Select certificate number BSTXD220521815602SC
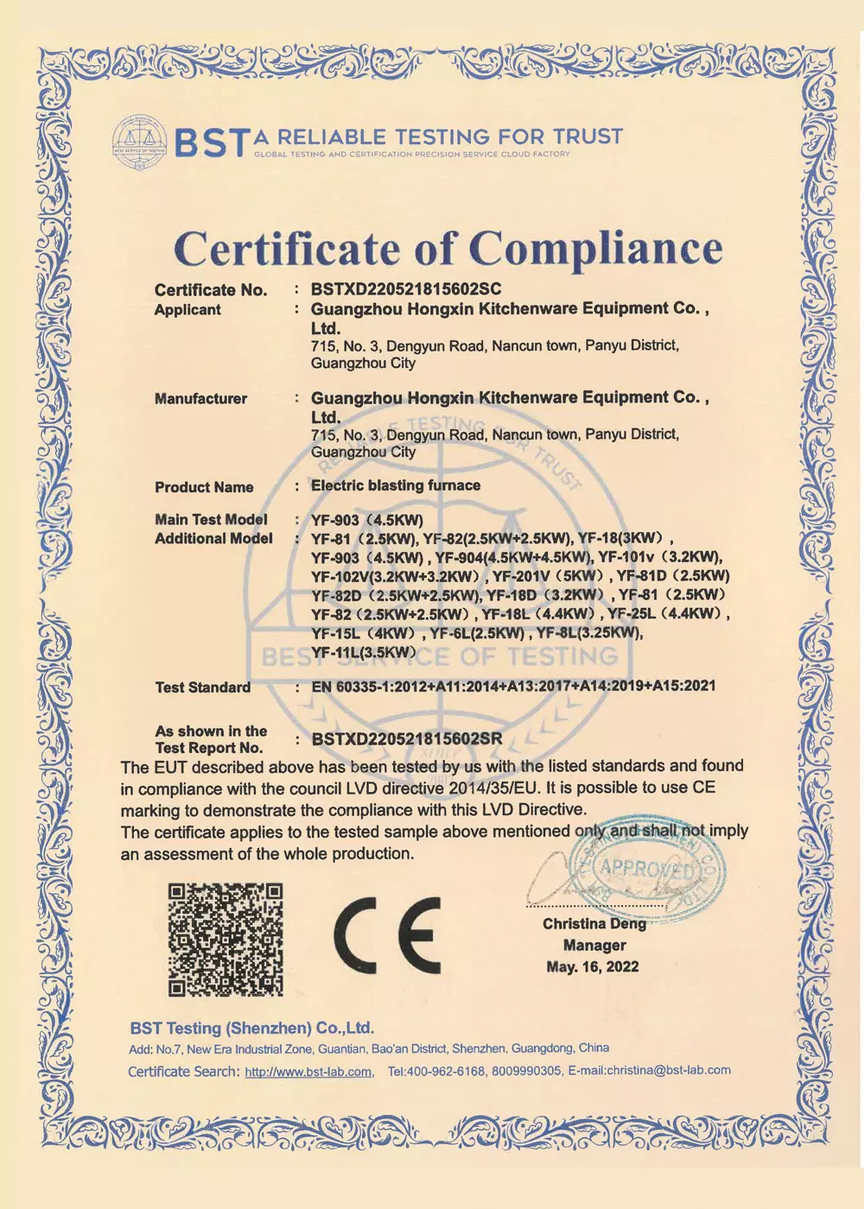(406, 289)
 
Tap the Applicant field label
(187, 310)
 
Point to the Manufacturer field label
(200, 399)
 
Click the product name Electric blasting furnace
(396, 485)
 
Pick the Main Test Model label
(211, 519)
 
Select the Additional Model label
(213, 539)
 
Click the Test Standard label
(203, 687)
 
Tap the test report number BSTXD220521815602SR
(406, 739)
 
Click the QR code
(226, 939)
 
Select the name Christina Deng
(594, 924)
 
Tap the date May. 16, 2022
(593, 967)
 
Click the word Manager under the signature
(594, 946)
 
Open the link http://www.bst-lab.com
(308, 1073)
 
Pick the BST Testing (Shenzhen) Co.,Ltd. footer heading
(251, 1029)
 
